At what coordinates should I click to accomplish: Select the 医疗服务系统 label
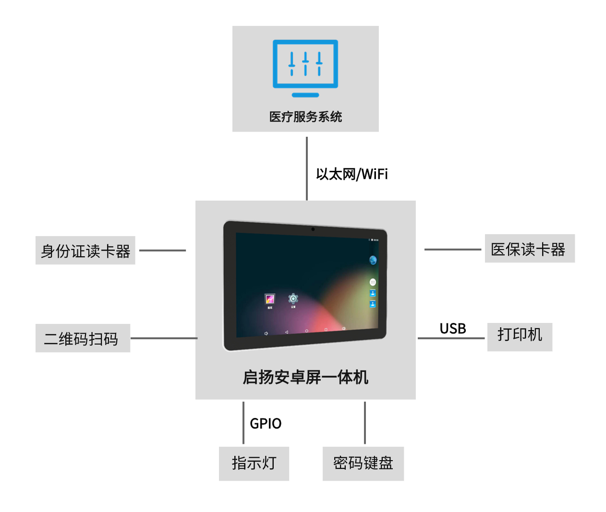coord(305,117)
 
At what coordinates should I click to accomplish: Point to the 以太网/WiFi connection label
coord(352,174)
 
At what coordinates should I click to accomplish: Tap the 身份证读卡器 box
coord(85,250)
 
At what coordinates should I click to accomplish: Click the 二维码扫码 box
coord(83,338)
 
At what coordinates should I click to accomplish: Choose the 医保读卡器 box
coord(530,249)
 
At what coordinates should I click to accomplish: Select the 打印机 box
coord(520,337)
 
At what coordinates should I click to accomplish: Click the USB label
coord(453,329)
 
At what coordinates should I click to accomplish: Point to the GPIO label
coord(266,424)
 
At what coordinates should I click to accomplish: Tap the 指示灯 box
coord(254,464)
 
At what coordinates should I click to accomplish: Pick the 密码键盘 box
coord(363,464)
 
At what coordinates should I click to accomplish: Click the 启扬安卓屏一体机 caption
coord(305,377)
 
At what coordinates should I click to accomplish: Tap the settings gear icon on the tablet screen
coord(293,298)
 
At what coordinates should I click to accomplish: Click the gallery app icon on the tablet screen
coord(270,299)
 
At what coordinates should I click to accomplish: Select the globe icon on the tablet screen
coord(373,260)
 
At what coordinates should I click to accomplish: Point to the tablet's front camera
coord(313,229)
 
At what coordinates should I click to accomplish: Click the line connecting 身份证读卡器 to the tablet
coord(162,250)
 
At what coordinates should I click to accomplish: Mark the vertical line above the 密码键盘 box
coord(365,423)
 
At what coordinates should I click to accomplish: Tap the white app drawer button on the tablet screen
coord(373,282)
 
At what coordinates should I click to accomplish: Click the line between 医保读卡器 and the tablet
coord(453,250)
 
